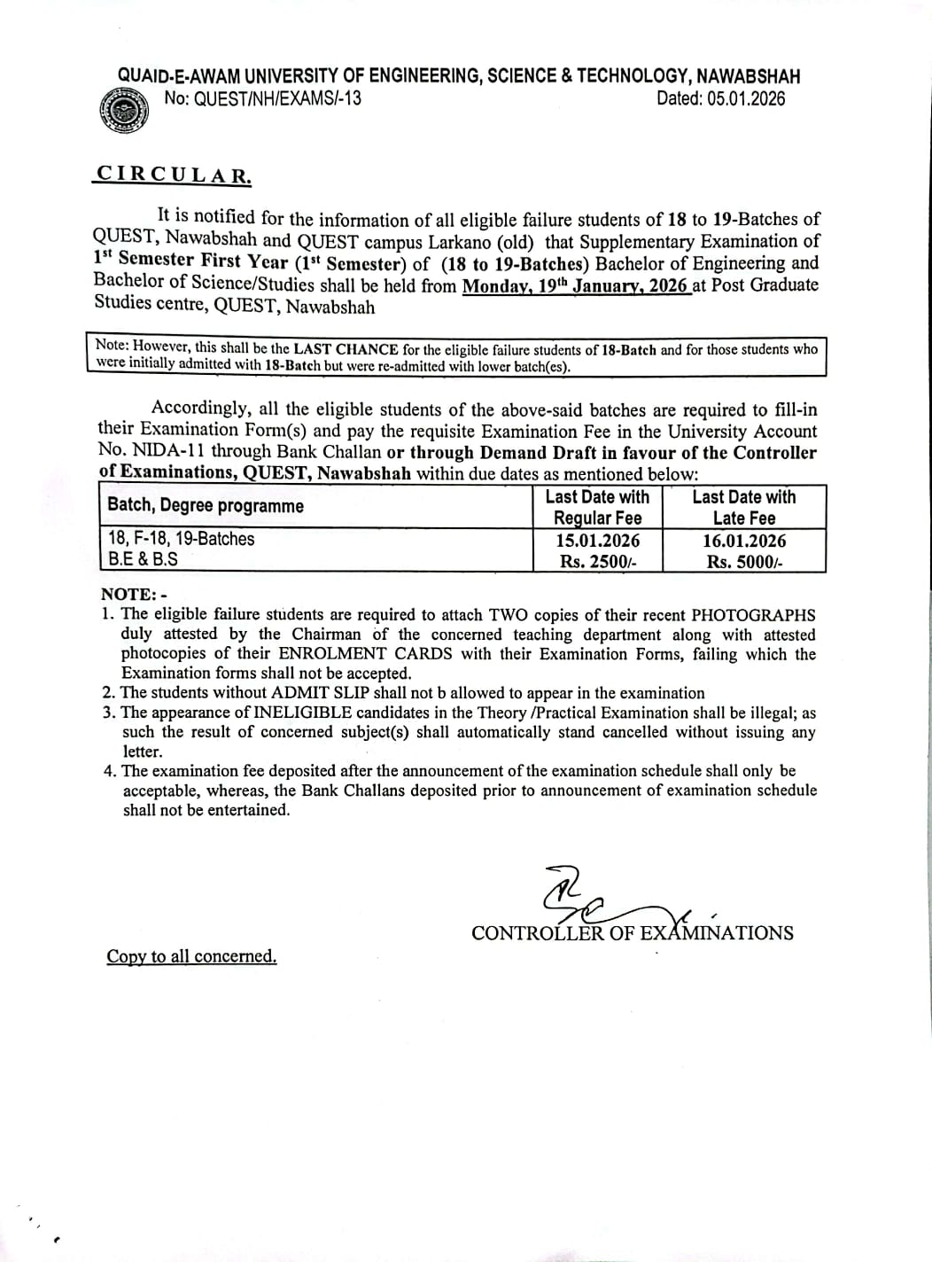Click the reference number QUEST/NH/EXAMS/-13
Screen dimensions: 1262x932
click(263, 99)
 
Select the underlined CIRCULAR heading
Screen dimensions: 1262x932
click(174, 175)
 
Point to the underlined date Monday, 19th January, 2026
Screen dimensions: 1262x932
click(576, 285)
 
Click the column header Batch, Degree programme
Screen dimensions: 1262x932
click(206, 506)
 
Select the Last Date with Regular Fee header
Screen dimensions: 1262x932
click(597, 507)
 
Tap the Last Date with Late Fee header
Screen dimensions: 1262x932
click(744, 507)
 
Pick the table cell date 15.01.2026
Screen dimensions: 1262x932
click(597, 541)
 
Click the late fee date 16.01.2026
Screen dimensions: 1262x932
click(744, 541)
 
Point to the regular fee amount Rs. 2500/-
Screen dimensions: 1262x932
click(597, 561)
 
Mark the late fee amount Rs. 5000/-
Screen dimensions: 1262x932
click(744, 561)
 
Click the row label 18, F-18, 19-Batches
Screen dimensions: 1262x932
click(181, 539)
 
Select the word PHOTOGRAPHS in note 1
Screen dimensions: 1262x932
click(753, 615)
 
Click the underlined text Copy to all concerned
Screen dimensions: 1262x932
click(191, 956)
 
